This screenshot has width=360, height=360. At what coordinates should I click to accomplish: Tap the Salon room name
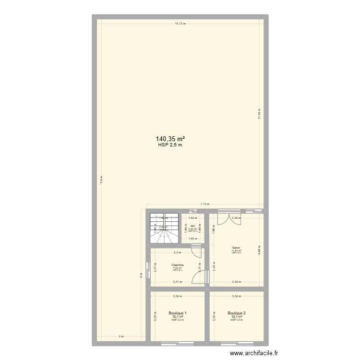[236, 248]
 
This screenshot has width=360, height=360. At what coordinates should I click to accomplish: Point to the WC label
[192, 226]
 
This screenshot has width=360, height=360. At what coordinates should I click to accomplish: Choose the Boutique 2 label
[237, 313]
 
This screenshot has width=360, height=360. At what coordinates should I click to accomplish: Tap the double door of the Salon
[225, 217]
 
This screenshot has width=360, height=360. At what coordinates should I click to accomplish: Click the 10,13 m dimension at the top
[180, 23]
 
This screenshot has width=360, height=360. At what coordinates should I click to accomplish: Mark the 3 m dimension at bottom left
[122, 336]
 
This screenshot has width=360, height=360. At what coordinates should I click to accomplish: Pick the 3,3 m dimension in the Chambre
[177, 253]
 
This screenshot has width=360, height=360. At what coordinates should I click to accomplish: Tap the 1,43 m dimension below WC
[192, 239]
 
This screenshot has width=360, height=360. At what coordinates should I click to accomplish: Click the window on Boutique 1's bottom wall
[178, 344]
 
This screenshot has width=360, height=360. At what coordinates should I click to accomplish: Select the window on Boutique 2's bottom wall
[237, 344]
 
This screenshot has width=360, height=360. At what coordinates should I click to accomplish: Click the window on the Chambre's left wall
[147, 269]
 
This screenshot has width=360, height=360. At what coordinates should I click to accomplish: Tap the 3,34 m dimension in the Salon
[236, 218]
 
